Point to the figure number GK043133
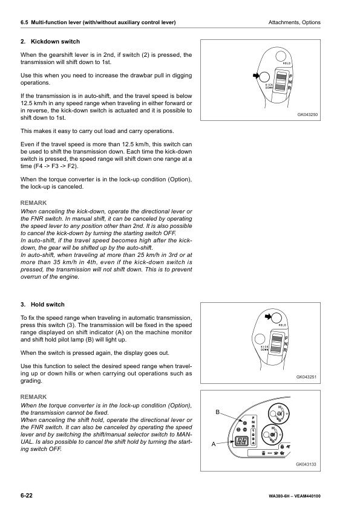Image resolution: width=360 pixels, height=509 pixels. click(x=307, y=464)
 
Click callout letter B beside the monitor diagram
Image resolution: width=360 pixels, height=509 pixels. click(x=218, y=412)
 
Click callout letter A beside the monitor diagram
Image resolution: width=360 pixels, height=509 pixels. click(x=213, y=443)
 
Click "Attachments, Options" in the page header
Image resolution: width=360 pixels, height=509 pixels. click(x=294, y=22)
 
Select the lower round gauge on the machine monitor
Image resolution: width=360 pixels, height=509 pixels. click(x=273, y=435)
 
